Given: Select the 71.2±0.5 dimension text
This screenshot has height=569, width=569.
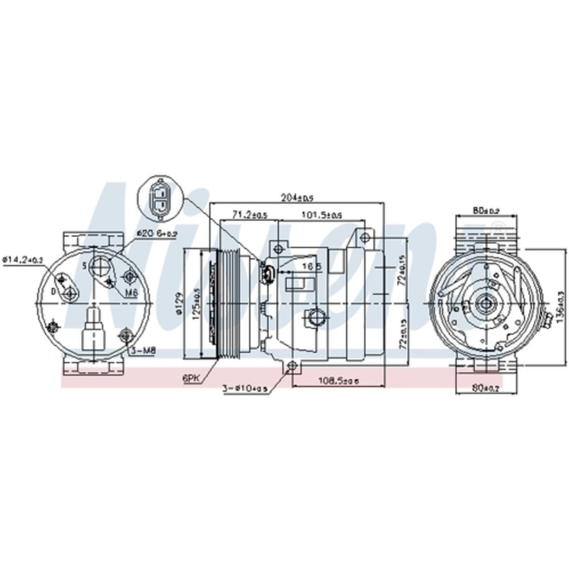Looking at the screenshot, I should (250, 215).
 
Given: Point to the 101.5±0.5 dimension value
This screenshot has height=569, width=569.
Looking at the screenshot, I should (321, 215).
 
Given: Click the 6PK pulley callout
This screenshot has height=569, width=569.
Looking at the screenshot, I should (191, 377).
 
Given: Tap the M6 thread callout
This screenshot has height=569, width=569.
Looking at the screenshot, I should (132, 292).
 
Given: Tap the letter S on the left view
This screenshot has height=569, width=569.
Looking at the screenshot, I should (84, 265).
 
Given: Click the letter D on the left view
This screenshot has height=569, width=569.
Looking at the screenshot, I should (53, 291).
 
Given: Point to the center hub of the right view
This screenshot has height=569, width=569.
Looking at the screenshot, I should (486, 304).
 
